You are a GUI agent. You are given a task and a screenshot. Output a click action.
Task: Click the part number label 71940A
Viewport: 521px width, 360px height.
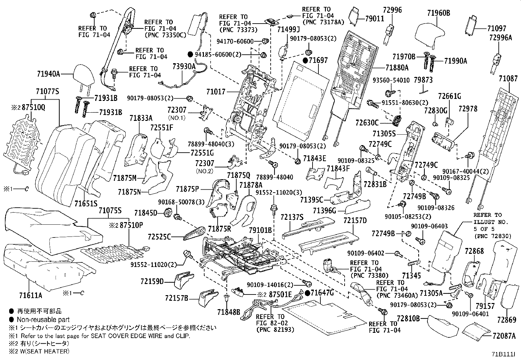point(48,74)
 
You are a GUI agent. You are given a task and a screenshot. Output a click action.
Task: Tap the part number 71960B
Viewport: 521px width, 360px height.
point(439,13)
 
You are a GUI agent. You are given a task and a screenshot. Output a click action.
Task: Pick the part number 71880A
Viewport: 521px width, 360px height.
point(397,68)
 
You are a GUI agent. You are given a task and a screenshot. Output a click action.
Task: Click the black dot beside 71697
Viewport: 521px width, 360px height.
point(305,60)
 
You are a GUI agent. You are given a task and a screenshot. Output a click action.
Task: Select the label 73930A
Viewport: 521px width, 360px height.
point(184,66)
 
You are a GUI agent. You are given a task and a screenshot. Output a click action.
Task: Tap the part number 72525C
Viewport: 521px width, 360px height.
point(159,236)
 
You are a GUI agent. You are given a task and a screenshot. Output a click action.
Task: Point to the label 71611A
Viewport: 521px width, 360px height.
point(30,295)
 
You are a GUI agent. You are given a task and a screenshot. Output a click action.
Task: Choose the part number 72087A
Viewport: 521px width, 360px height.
point(504,335)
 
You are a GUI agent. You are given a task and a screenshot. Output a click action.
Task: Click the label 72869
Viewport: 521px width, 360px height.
point(506,319)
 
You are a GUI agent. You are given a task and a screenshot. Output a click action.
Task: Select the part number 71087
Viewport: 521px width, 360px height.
point(508,79)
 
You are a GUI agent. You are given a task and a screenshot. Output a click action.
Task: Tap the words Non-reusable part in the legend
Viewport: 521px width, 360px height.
point(43,320)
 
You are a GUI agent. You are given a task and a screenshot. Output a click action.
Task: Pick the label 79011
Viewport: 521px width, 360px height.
point(375,19)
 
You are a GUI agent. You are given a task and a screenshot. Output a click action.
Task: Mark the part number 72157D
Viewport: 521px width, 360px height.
point(355,220)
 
